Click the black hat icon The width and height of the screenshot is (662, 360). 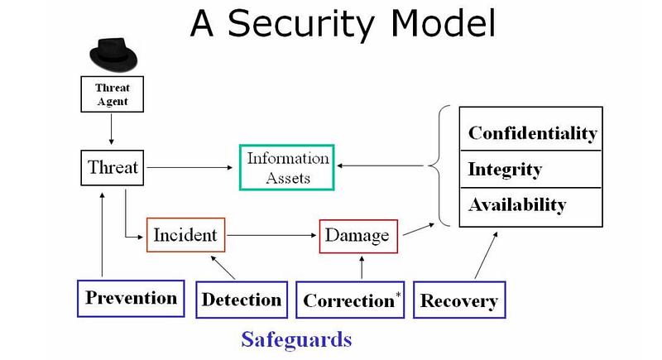pos(113,55)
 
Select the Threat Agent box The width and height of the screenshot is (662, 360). pos(113,94)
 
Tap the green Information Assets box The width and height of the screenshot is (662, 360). pos(287,167)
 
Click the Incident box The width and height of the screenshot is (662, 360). pos(185,235)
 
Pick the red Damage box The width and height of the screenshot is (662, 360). pos(358,237)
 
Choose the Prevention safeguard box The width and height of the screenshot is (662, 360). pos(131,299)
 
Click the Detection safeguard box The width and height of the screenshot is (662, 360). pos(242,300)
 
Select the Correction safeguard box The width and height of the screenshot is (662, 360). pos(350,300)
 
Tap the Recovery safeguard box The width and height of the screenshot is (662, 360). pos(459,300)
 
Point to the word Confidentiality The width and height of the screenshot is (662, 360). pos(533,133)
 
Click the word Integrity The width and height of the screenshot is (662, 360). pos(505,170)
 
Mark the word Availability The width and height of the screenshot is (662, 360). pos(517,205)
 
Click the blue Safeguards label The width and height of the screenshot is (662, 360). pos(296,340)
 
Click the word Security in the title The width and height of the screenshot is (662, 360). pos(301,24)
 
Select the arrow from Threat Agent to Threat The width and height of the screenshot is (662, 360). pos(112,130)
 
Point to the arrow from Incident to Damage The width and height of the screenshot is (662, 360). pos(271,235)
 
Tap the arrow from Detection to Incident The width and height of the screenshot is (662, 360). pos(223,267)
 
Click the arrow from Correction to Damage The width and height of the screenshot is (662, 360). pos(362,267)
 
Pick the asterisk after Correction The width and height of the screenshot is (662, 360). pos(398,294)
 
